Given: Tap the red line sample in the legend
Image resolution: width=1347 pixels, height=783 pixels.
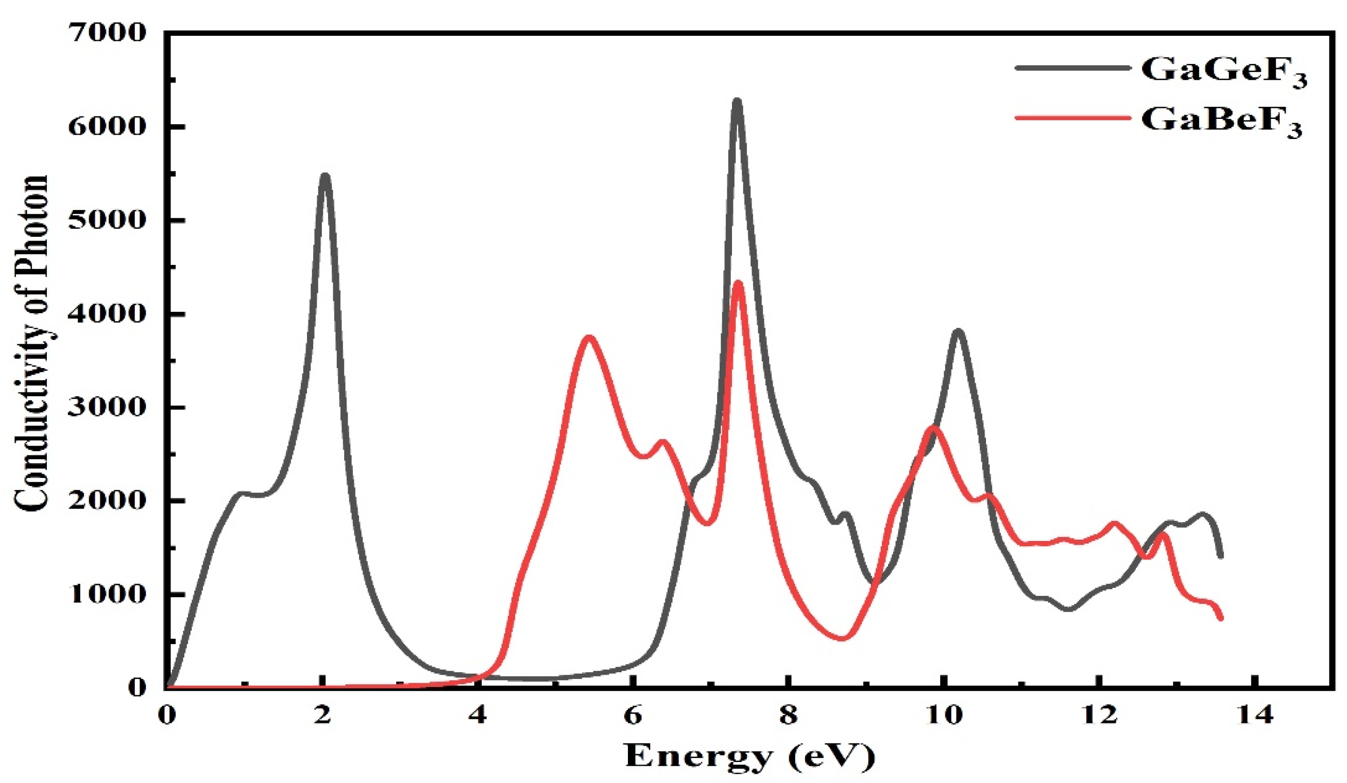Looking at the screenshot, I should pos(1074,116).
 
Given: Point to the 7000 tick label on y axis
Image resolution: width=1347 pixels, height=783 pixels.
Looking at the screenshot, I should pos(107,33).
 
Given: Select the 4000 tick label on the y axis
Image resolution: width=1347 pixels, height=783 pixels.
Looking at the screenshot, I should pos(107,314).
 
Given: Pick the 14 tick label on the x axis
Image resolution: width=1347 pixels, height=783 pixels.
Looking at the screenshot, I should pos(1253,715).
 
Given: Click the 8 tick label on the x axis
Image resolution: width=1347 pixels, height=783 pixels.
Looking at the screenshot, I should pos(787,715).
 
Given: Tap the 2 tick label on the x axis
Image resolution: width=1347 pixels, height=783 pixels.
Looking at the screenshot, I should pos(322,715).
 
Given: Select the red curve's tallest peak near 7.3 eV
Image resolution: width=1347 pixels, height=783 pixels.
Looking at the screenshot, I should pos(738,282).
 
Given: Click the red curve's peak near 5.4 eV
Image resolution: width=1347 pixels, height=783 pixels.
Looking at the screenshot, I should pos(589,337).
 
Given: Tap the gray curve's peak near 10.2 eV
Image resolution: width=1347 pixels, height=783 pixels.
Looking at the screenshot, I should pos(957,331).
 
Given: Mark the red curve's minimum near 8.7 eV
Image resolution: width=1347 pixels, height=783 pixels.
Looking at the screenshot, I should pos(842,638).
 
